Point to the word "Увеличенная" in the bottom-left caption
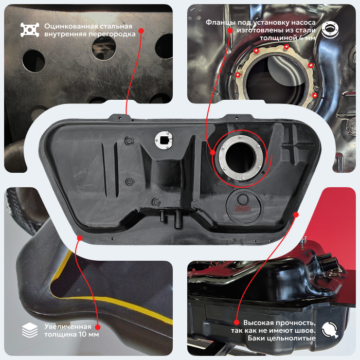click(x=68, y=327)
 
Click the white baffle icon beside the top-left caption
click(x=30, y=30)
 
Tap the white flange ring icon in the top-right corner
click(x=330, y=30)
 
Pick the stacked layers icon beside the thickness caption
click(x=30, y=330)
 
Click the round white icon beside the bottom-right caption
click(x=330, y=330)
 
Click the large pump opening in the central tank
click(x=240, y=157)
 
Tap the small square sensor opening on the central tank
click(x=164, y=139)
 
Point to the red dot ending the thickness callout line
click(x=98, y=327)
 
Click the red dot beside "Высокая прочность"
click(x=237, y=322)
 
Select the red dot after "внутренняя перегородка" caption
click(x=141, y=31)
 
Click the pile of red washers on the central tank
click(x=242, y=208)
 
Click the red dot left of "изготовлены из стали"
click(x=230, y=30)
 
